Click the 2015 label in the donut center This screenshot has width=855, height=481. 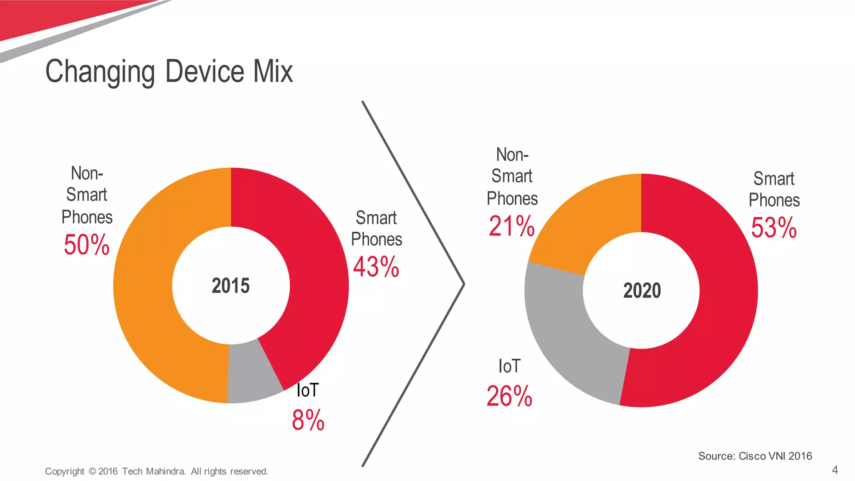point(230,286)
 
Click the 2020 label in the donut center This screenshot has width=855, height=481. point(642,291)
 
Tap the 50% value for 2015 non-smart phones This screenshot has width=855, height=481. point(86,245)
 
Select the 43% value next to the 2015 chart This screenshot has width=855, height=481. point(376,267)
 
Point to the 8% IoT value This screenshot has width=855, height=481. point(308,420)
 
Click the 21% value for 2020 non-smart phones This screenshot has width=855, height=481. point(511,226)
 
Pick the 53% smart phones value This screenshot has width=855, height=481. point(774,228)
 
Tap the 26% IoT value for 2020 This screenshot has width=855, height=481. point(509,396)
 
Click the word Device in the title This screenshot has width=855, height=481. point(205,71)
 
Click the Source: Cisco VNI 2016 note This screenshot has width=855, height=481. point(755,456)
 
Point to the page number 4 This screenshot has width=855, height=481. point(835,470)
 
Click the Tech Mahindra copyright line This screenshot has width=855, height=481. point(156,471)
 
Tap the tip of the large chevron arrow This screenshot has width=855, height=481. point(463,284)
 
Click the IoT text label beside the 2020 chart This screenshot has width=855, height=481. point(509,366)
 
